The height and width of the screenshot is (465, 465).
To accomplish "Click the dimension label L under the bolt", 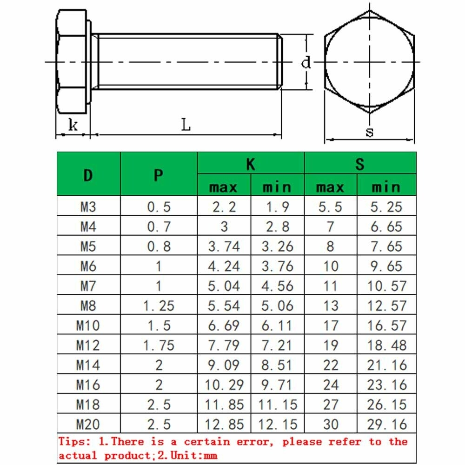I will [186, 125].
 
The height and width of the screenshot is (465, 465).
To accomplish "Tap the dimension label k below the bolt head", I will [73, 125].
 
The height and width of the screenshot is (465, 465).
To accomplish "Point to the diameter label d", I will [306, 62].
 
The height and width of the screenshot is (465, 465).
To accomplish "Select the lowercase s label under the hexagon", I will [369, 132].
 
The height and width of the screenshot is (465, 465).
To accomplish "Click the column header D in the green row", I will [88, 175].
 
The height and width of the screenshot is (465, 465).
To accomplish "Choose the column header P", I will [159, 175].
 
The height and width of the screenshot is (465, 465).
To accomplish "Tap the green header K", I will [251, 164].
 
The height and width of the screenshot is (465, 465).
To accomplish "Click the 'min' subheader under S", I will [386, 187].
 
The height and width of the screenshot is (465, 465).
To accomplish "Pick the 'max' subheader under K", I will [224, 187].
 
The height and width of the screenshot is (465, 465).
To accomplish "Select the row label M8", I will [88, 306].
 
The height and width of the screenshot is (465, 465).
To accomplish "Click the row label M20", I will [88, 424].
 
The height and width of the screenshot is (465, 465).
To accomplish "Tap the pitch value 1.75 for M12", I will [159, 345].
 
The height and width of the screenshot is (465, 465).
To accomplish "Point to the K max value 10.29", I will [224, 385].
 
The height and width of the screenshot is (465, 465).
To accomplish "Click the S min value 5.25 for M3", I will [386, 207].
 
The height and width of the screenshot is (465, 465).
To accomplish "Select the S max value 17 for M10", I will [330, 325].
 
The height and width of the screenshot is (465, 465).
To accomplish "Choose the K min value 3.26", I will [277, 246].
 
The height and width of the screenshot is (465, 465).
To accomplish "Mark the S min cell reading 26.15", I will [386, 405].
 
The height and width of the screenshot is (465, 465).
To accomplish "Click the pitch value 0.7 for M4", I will [159, 227].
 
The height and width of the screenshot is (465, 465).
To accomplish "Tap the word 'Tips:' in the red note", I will [74, 442].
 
